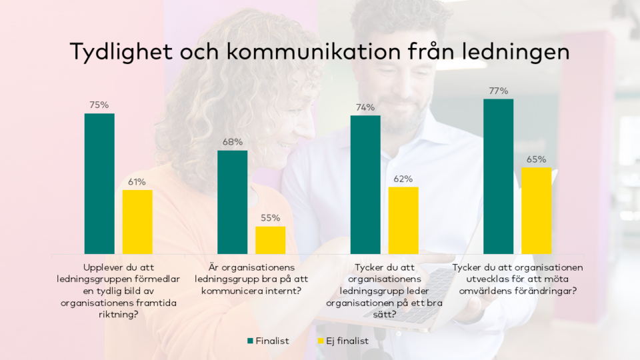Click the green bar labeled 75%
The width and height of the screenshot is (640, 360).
point(99,183)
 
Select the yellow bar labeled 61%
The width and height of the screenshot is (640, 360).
point(137,221)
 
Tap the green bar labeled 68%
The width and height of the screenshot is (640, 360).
point(232,201)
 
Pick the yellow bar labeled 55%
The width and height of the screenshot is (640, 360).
point(270,240)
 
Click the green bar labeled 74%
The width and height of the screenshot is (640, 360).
point(365,185)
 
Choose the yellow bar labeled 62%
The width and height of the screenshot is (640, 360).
point(403,220)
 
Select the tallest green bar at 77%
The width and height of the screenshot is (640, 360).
point(498,176)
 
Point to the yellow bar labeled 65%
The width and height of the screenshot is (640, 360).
point(536,210)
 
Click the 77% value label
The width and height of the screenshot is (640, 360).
point(498,91)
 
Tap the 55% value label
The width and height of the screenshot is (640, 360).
point(270,218)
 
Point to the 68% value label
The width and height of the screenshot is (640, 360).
point(232,142)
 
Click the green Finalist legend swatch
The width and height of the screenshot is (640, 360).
point(250,341)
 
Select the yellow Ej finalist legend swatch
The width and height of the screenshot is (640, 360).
point(319,341)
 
